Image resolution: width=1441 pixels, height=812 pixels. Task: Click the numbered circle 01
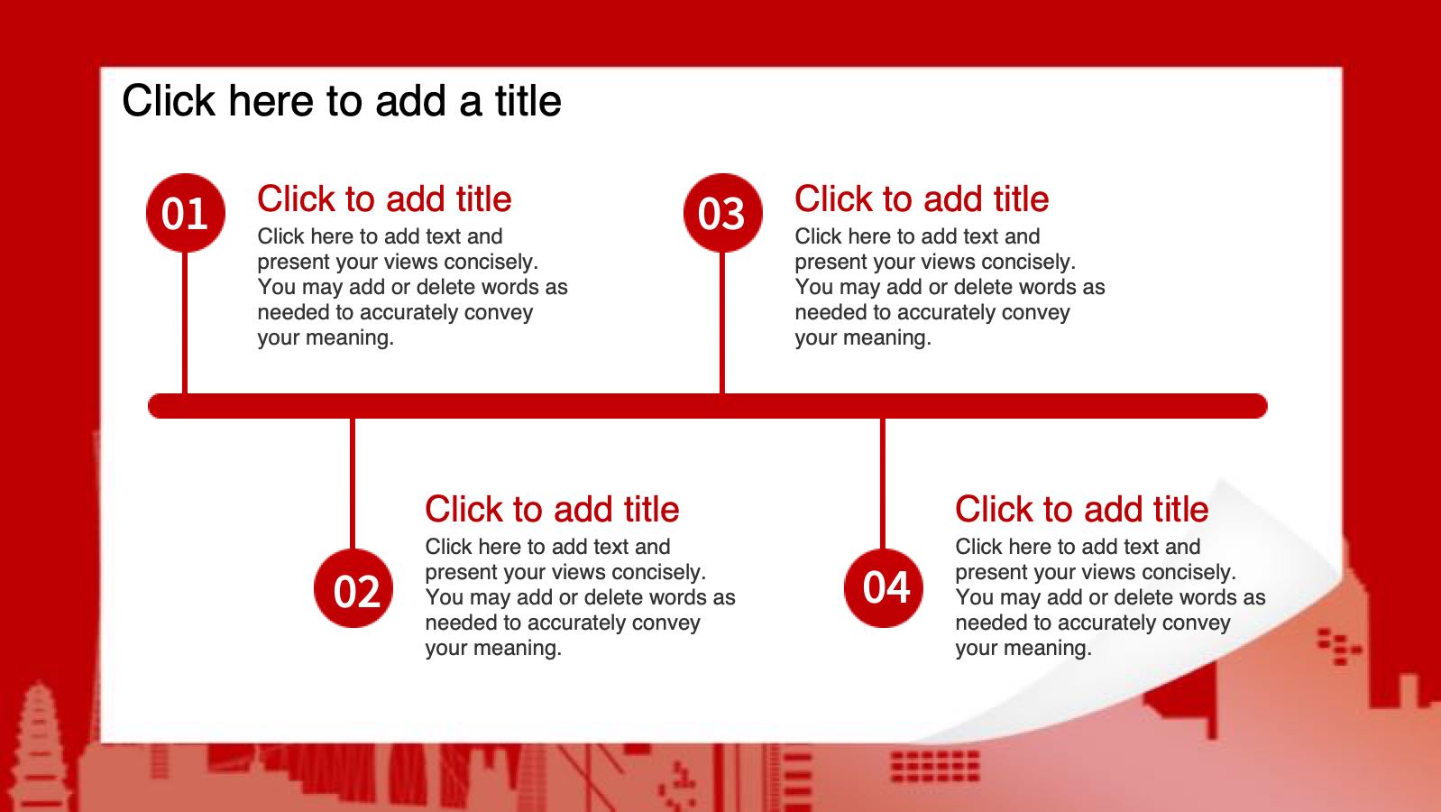click(185, 213)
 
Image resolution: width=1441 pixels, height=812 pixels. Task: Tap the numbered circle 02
click(353, 588)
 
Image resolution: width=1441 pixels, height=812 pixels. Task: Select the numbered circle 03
click(722, 213)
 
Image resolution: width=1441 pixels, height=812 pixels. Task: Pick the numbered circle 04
click(883, 588)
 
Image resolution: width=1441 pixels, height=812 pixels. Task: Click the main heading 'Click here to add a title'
click(342, 101)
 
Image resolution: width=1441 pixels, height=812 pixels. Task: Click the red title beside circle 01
click(384, 198)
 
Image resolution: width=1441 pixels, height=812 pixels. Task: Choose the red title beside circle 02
click(552, 509)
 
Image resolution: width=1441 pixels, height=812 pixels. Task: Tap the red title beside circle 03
click(922, 198)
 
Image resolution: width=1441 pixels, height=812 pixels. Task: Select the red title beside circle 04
click(1081, 509)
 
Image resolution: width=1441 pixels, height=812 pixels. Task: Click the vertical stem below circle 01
click(185, 323)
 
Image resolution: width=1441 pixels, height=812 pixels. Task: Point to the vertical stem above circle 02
click(353, 484)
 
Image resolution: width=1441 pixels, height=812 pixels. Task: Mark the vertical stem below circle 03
click(721, 323)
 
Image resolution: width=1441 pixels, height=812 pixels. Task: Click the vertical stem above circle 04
click(883, 484)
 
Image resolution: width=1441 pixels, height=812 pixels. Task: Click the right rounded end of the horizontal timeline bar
click(1260, 406)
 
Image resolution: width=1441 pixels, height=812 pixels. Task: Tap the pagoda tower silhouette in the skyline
click(40, 746)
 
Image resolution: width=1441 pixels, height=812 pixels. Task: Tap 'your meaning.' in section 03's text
click(863, 337)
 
